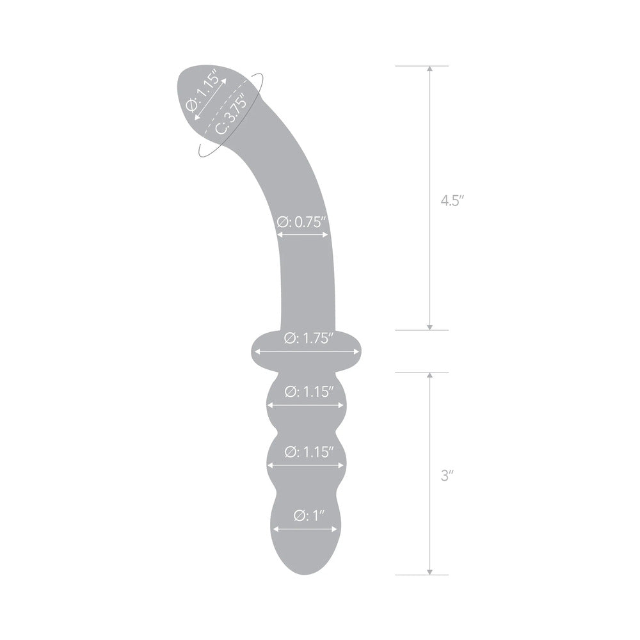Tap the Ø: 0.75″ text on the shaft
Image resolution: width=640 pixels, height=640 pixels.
(x=303, y=222)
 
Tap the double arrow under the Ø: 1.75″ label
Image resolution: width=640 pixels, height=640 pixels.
(x=305, y=351)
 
